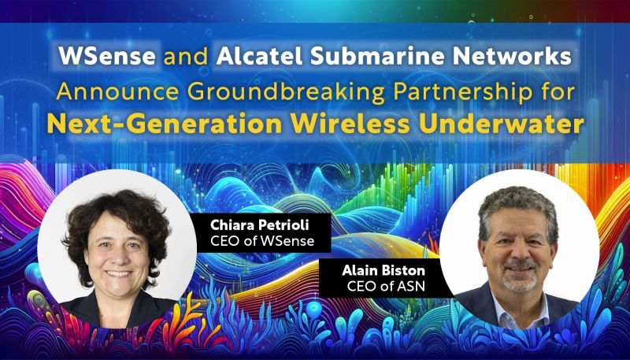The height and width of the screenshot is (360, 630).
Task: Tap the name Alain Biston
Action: [378, 270]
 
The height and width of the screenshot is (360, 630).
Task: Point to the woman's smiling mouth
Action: [118, 273]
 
